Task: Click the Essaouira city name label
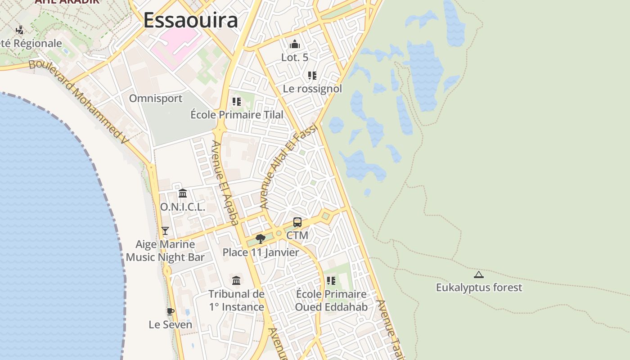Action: [x=191, y=21]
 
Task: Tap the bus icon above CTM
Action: [x=297, y=222]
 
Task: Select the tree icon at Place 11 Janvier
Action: [x=260, y=238]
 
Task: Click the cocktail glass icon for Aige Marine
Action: [x=165, y=231]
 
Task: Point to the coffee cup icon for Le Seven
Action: [x=170, y=311]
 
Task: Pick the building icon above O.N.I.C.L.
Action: [x=183, y=193]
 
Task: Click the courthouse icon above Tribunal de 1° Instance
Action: [x=236, y=281]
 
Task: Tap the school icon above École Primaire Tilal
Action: [x=237, y=102]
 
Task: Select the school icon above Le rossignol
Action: [x=312, y=76]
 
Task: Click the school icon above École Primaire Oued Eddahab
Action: [x=331, y=281]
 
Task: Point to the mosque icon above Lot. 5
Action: [x=295, y=44]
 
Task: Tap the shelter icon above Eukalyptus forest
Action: [x=479, y=274]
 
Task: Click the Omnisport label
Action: [x=156, y=99]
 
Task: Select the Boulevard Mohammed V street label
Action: [x=79, y=101]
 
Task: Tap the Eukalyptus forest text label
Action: [x=479, y=288]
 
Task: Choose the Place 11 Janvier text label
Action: [x=261, y=252]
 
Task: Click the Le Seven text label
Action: [x=171, y=324]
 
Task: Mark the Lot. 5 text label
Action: [x=295, y=58]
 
